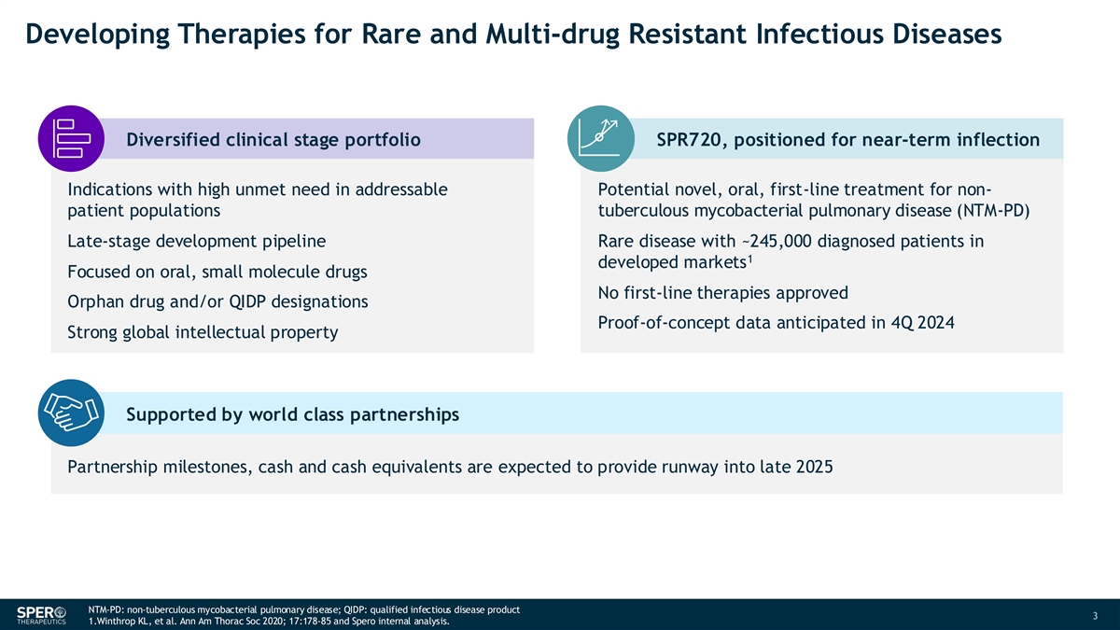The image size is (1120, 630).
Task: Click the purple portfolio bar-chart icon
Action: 72,138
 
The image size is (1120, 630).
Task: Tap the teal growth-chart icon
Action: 601,138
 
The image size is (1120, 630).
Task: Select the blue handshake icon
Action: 72,413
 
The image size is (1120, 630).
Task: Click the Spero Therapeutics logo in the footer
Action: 41,615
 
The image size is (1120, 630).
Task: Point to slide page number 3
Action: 1095,615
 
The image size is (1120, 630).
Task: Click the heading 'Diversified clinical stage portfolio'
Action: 273,140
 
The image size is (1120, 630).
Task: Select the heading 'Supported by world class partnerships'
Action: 292,414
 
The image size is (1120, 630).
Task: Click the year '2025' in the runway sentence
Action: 814,467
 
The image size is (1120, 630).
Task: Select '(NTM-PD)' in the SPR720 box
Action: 993,211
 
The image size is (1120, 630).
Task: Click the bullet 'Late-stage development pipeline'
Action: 197,242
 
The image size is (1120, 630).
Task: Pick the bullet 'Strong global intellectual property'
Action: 203,332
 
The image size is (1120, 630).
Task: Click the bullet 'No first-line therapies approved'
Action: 723,293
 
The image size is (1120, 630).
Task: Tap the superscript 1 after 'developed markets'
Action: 750,259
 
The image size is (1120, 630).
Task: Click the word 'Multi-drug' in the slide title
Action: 553,34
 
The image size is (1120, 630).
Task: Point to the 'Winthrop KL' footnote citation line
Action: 269,622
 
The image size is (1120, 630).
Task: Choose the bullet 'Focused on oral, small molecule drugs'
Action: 217,272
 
